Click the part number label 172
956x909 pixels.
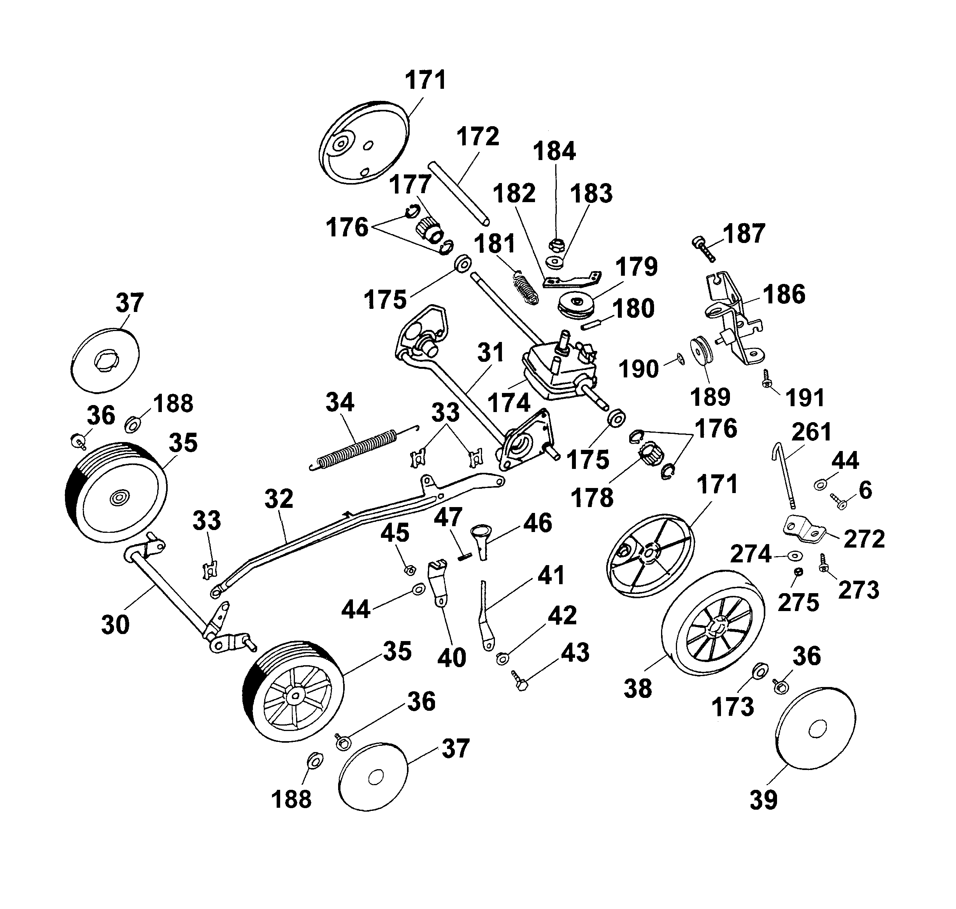[477, 137]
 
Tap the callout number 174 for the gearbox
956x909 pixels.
[509, 403]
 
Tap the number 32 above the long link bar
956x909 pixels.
[279, 499]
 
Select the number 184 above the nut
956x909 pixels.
[554, 151]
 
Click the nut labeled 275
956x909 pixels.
[799, 572]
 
